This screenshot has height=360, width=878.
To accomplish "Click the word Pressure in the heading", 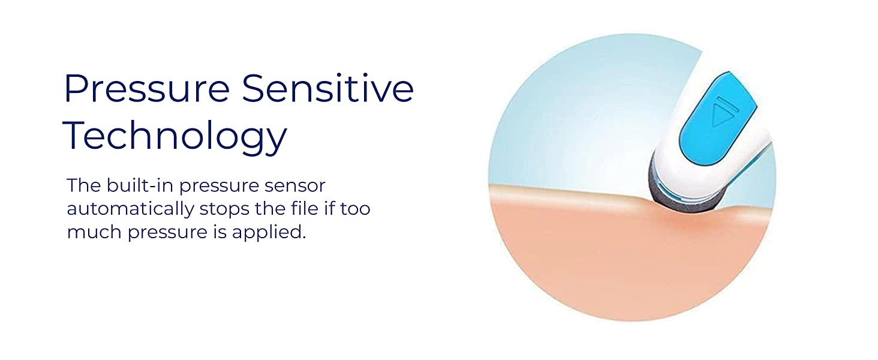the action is point(146,88).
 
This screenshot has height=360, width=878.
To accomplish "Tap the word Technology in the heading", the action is point(175,136).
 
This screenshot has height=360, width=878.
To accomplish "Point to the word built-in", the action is point(140,185).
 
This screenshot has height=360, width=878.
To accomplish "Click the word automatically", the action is point(131,209).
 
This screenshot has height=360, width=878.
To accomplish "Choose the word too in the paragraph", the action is point(355,209).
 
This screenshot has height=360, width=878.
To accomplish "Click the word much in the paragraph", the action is point(94,232).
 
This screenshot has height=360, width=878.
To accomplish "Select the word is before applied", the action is point(220,232).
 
